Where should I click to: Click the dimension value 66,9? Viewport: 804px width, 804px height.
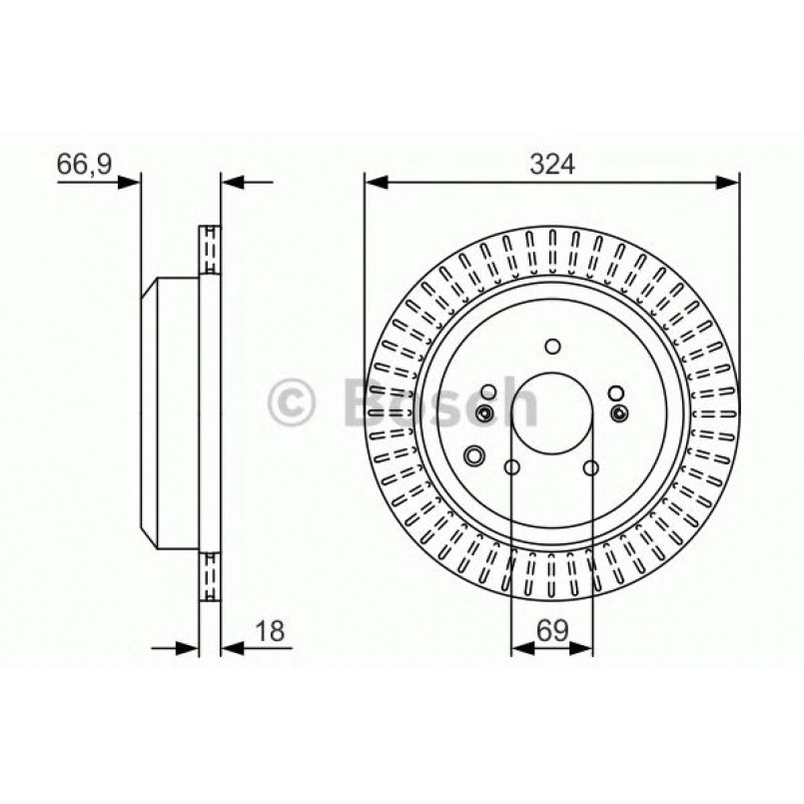tap(84, 164)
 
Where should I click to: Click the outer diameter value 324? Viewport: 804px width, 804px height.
tap(552, 165)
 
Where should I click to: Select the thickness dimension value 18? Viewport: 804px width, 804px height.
tap(270, 630)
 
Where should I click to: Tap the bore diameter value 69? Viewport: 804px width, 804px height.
tap(552, 630)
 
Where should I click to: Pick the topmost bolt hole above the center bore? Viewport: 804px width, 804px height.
tap(552, 347)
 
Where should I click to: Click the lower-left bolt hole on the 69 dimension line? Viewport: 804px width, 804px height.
tap(511, 467)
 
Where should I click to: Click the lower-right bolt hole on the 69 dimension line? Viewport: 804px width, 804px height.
tap(591, 467)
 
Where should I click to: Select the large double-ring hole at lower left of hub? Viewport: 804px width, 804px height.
tap(473, 454)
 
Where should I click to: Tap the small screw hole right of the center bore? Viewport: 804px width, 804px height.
tap(619, 412)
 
